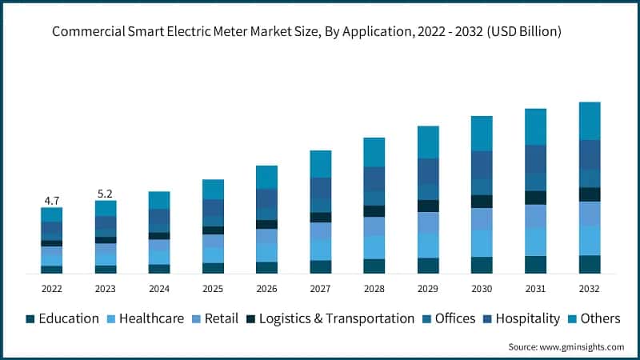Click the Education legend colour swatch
30,318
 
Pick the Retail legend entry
222,318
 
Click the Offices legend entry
455,318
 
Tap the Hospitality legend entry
528,318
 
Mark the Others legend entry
600,318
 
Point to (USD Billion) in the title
522,33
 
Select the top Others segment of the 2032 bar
590,121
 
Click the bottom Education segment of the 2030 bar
482,266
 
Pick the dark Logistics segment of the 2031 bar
535,198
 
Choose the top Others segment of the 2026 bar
266,177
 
